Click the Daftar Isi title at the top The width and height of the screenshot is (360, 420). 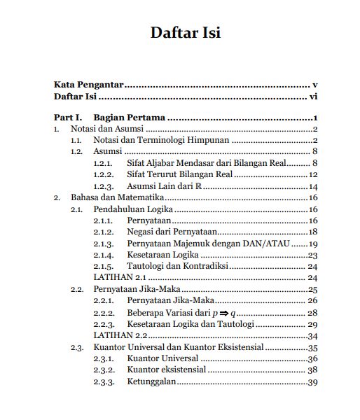click(x=186, y=33)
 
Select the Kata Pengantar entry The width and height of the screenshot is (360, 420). click(x=89, y=84)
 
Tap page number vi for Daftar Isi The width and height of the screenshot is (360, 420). click(x=314, y=97)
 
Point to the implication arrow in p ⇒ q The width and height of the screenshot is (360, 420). click(x=222, y=312)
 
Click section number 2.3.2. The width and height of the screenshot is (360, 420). click(x=103, y=370)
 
